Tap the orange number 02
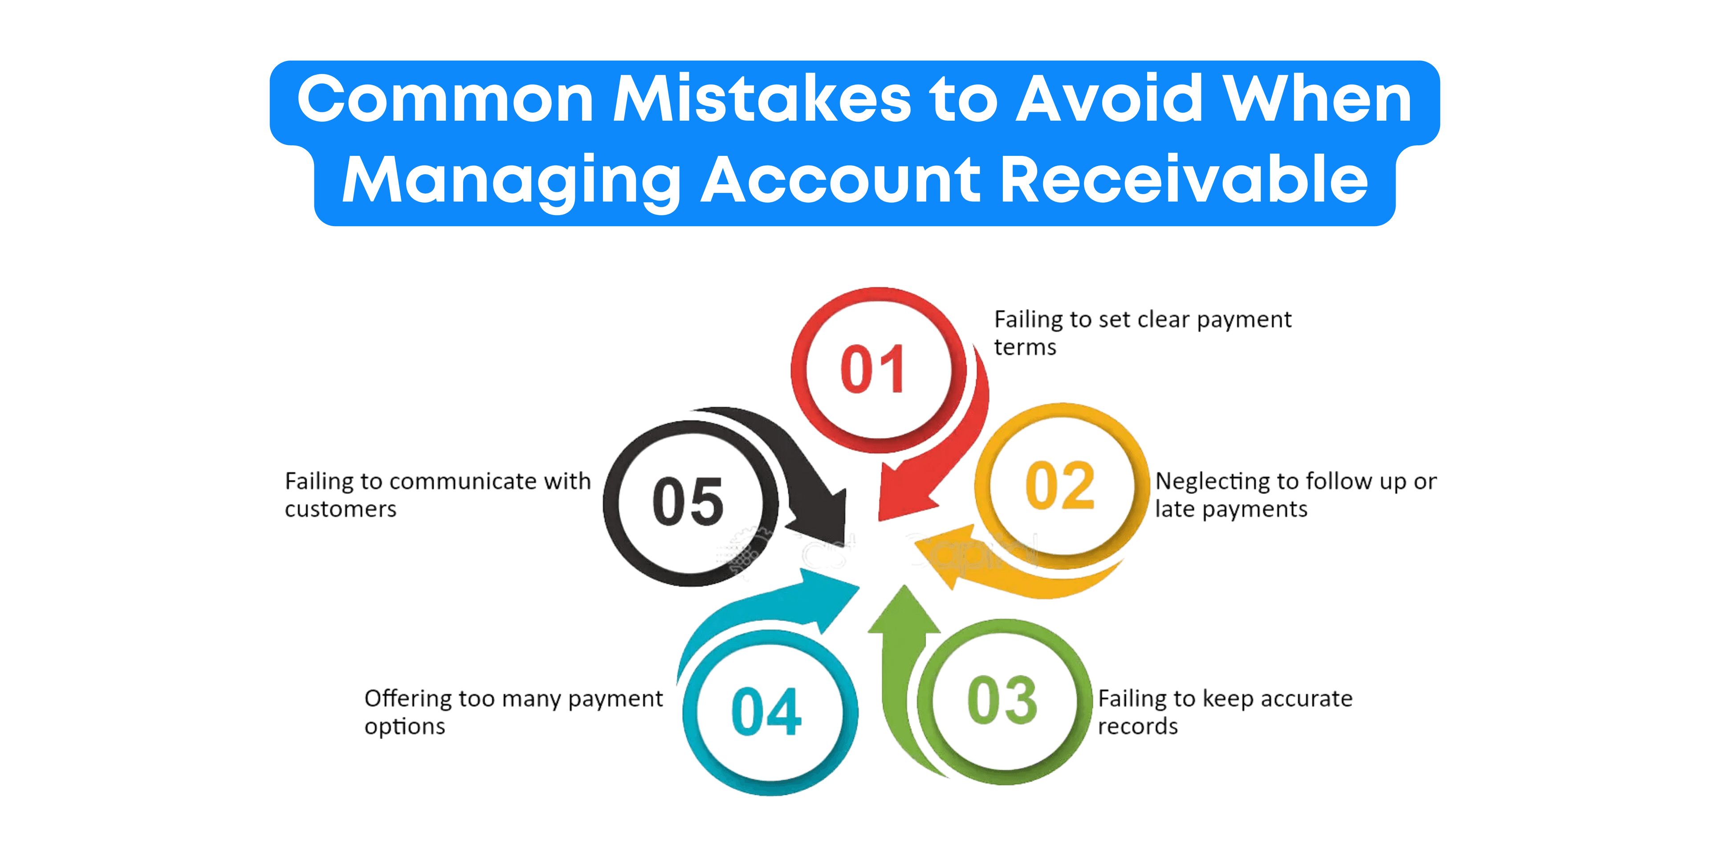pos(1060,485)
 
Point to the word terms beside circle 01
pos(1025,347)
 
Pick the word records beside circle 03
pos(1138,726)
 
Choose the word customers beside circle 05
pos(341,509)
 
